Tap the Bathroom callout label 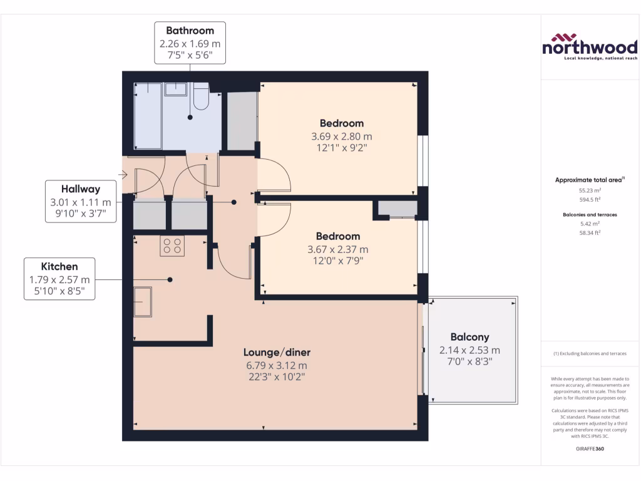[190, 43]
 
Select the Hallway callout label [80, 201]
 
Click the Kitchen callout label [59, 279]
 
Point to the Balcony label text [469, 337]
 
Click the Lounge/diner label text [277, 352]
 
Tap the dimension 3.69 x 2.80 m [341, 136]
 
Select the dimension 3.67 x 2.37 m [337, 249]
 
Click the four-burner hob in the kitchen [172, 246]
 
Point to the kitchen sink [143, 303]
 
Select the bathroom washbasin [175, 89]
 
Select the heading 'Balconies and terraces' [590, 214]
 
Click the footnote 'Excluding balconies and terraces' [590, 354]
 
